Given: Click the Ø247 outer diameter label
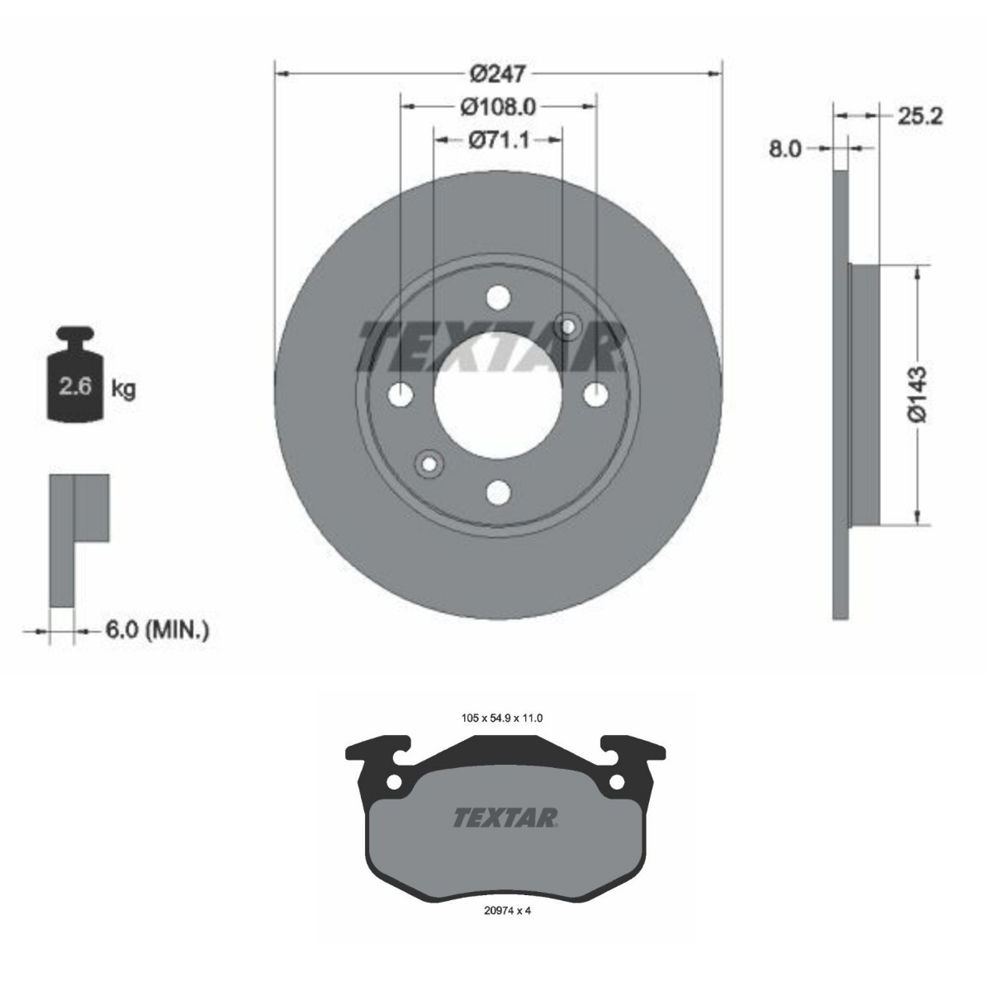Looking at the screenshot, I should click(x=498, y=74).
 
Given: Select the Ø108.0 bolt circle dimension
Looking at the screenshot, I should click(x=498, y=107).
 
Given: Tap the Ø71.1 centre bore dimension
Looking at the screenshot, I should click(x=498, y=140).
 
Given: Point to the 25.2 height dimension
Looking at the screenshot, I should click(x=918, y=116).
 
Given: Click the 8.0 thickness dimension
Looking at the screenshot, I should click(x=785, y=149).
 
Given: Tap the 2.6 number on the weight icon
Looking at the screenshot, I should click(x=75, y=386).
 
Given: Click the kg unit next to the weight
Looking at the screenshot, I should click(x=123, y=388).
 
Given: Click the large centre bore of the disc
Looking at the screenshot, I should click(x=498, y=395).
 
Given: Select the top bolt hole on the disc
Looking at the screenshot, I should click(x=498, y=297).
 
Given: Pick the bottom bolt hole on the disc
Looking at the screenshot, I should click(x=498, y=492).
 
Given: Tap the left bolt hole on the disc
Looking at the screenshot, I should click(x=401, y=395).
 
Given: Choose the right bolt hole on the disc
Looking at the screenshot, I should click(x=595, y=395).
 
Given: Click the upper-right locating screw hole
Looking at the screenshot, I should click(x=568, y=326).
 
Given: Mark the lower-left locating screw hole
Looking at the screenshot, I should click(x=429, y=463).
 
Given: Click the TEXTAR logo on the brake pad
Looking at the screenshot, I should click(x=505, y=817).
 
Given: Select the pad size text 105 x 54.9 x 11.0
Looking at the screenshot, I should click(x=501, y=718).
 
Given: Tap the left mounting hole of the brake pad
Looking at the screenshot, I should click(x=395, y=781).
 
